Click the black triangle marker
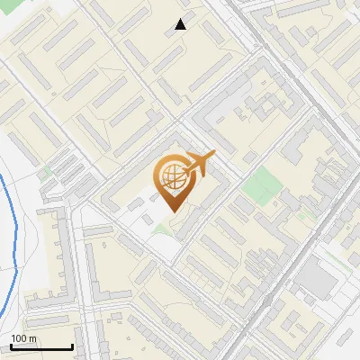(x=181, y=24)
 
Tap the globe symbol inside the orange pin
(x=171, y=176)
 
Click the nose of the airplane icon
(x=213, y=156)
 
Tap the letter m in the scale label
(x=32, y=338)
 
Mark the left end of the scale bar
(x=11, y=347)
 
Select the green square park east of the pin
(x=262, y=184)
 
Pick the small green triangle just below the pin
(x=161, y=229)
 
